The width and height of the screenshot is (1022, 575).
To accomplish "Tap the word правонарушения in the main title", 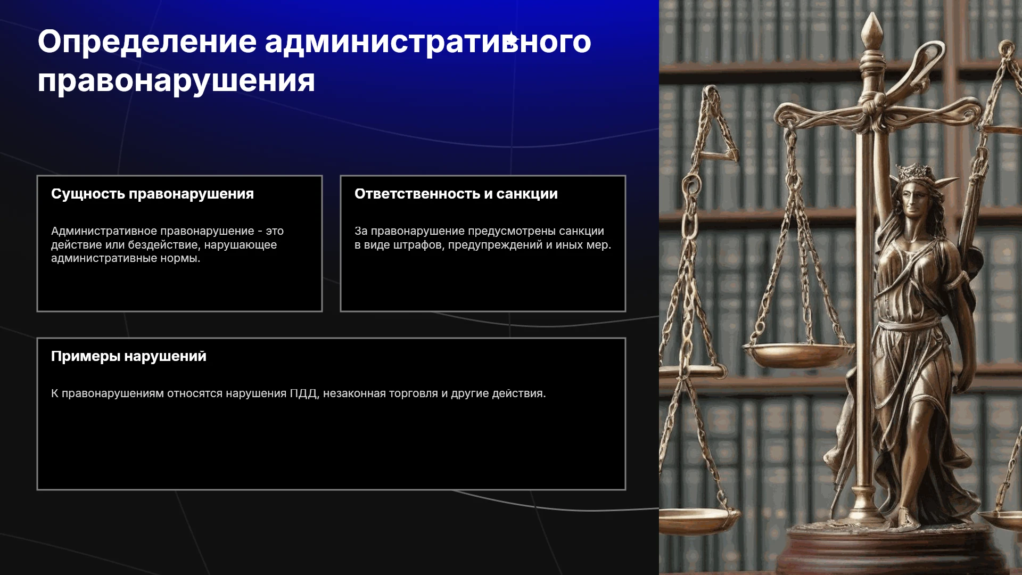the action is point(176,81).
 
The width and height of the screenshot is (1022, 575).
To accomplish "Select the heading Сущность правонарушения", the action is point(152,194).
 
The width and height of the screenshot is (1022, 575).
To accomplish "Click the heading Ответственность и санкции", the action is point(456,194).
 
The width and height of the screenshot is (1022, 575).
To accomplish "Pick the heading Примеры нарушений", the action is point(129,357).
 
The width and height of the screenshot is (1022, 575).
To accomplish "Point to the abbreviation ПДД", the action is point(303,394).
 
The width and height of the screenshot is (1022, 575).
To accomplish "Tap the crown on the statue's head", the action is point(916,172).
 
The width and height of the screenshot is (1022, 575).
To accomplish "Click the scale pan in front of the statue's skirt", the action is point(798,354).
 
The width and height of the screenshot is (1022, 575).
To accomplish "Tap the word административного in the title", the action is point(428,43).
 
